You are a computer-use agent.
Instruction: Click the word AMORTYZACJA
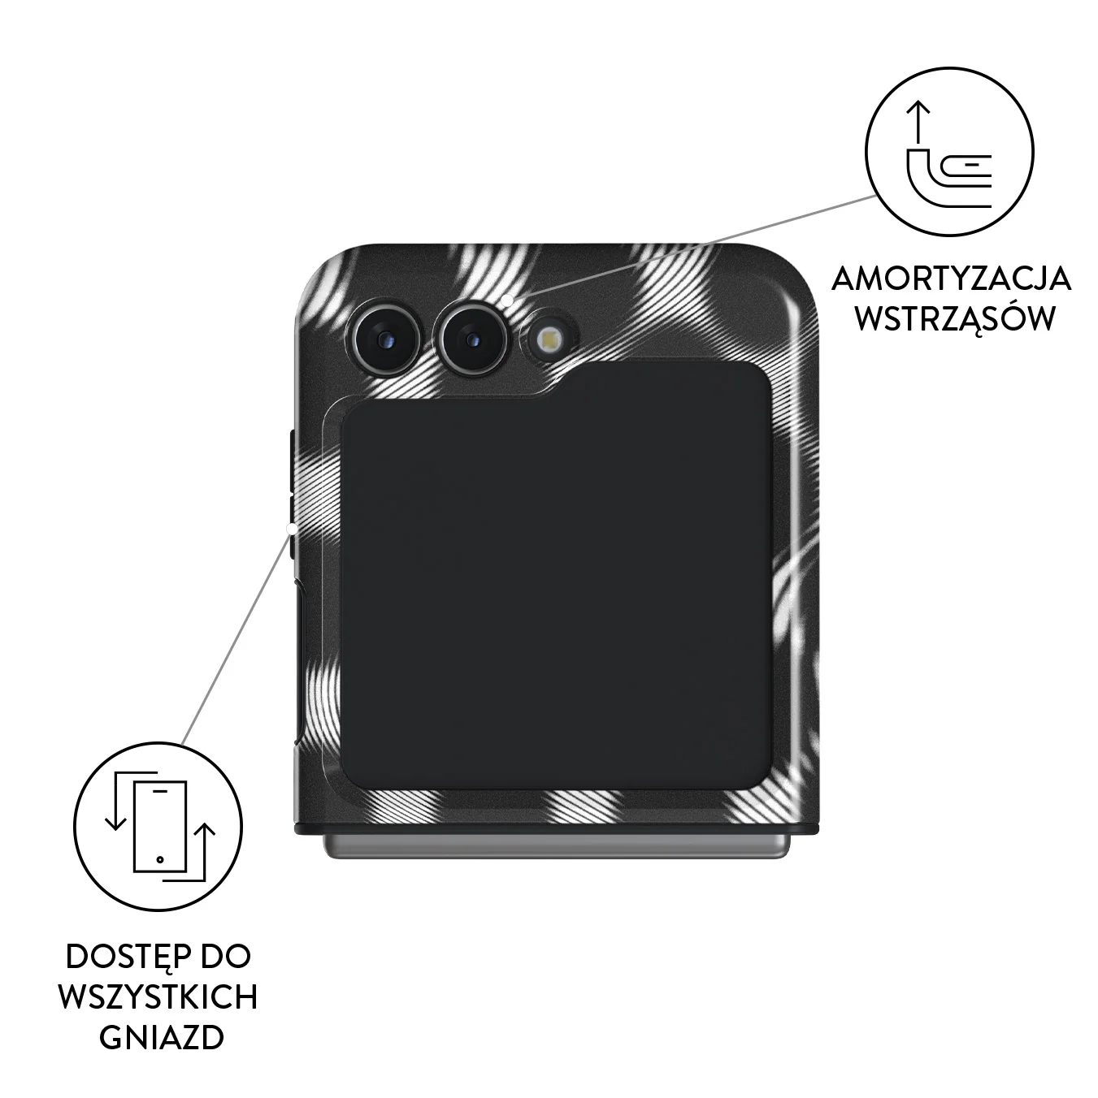click(x=951, y=279)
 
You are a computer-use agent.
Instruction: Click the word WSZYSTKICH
click(x=158, y=997)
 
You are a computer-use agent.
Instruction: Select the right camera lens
click(x=471, y=340)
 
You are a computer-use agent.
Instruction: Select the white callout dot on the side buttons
click(x=292, y=530)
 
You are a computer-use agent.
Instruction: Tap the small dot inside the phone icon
click(x=160, y=859)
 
